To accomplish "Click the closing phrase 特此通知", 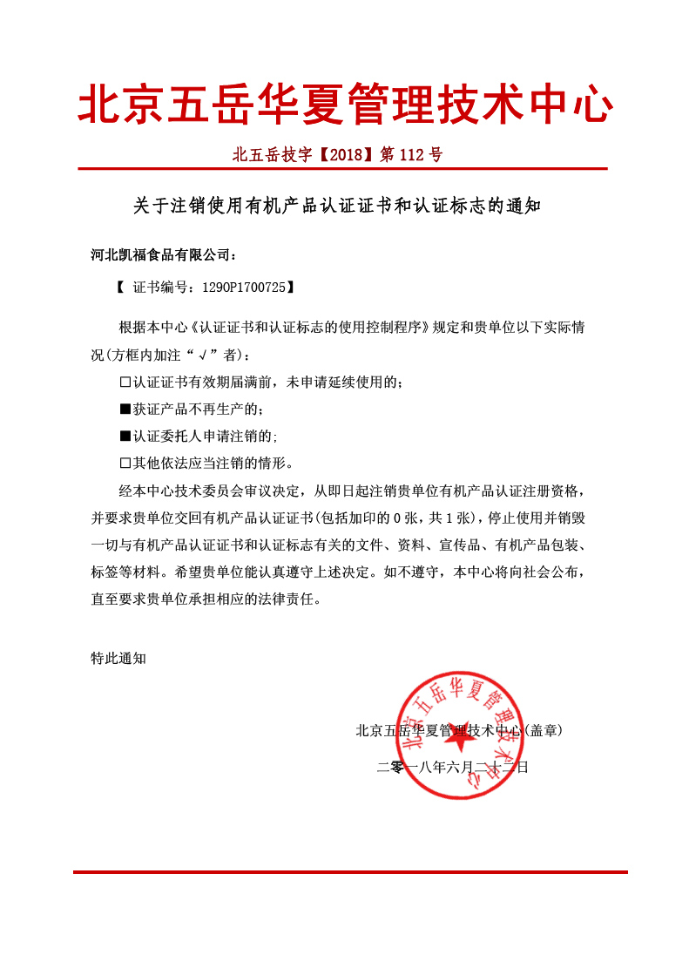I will coord(118,658).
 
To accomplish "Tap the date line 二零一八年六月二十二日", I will coord(452,768).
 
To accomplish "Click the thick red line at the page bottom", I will coord(348,871).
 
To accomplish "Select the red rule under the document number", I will coord(342,169).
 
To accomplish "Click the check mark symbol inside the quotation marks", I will coord(203,355).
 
